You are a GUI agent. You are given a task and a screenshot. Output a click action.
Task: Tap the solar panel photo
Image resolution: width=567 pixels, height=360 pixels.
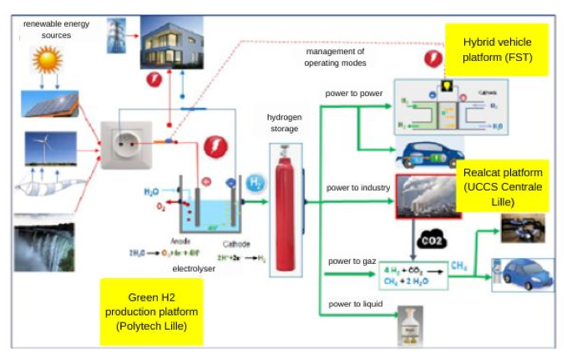(50, 104)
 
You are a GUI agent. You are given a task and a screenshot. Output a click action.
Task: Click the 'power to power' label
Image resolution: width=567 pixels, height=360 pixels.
(354, 94)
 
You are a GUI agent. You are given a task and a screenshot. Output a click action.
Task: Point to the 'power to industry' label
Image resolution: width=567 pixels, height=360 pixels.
(358, 188)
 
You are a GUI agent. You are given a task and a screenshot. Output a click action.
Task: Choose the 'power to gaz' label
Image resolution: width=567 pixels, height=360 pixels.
(352, 262)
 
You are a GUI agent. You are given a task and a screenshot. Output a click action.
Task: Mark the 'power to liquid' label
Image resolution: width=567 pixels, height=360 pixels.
(355, 303)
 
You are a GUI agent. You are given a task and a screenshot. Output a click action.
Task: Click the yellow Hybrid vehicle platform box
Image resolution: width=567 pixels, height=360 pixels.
(497, 50)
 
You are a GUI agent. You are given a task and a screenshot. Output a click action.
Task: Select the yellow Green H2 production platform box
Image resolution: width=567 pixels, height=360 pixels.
(151, 311)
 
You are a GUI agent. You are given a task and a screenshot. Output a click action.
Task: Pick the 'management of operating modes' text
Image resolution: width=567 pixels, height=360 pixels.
(336, 58)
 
